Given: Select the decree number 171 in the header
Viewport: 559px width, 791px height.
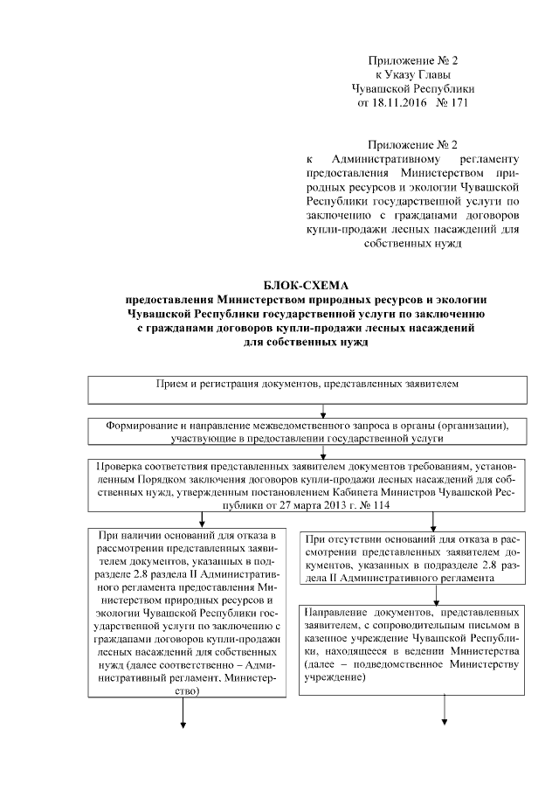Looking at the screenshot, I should pyautogui.click(x=457, y=103).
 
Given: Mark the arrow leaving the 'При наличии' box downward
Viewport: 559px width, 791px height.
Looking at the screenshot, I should pyautogui.click(x=183, y=712).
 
